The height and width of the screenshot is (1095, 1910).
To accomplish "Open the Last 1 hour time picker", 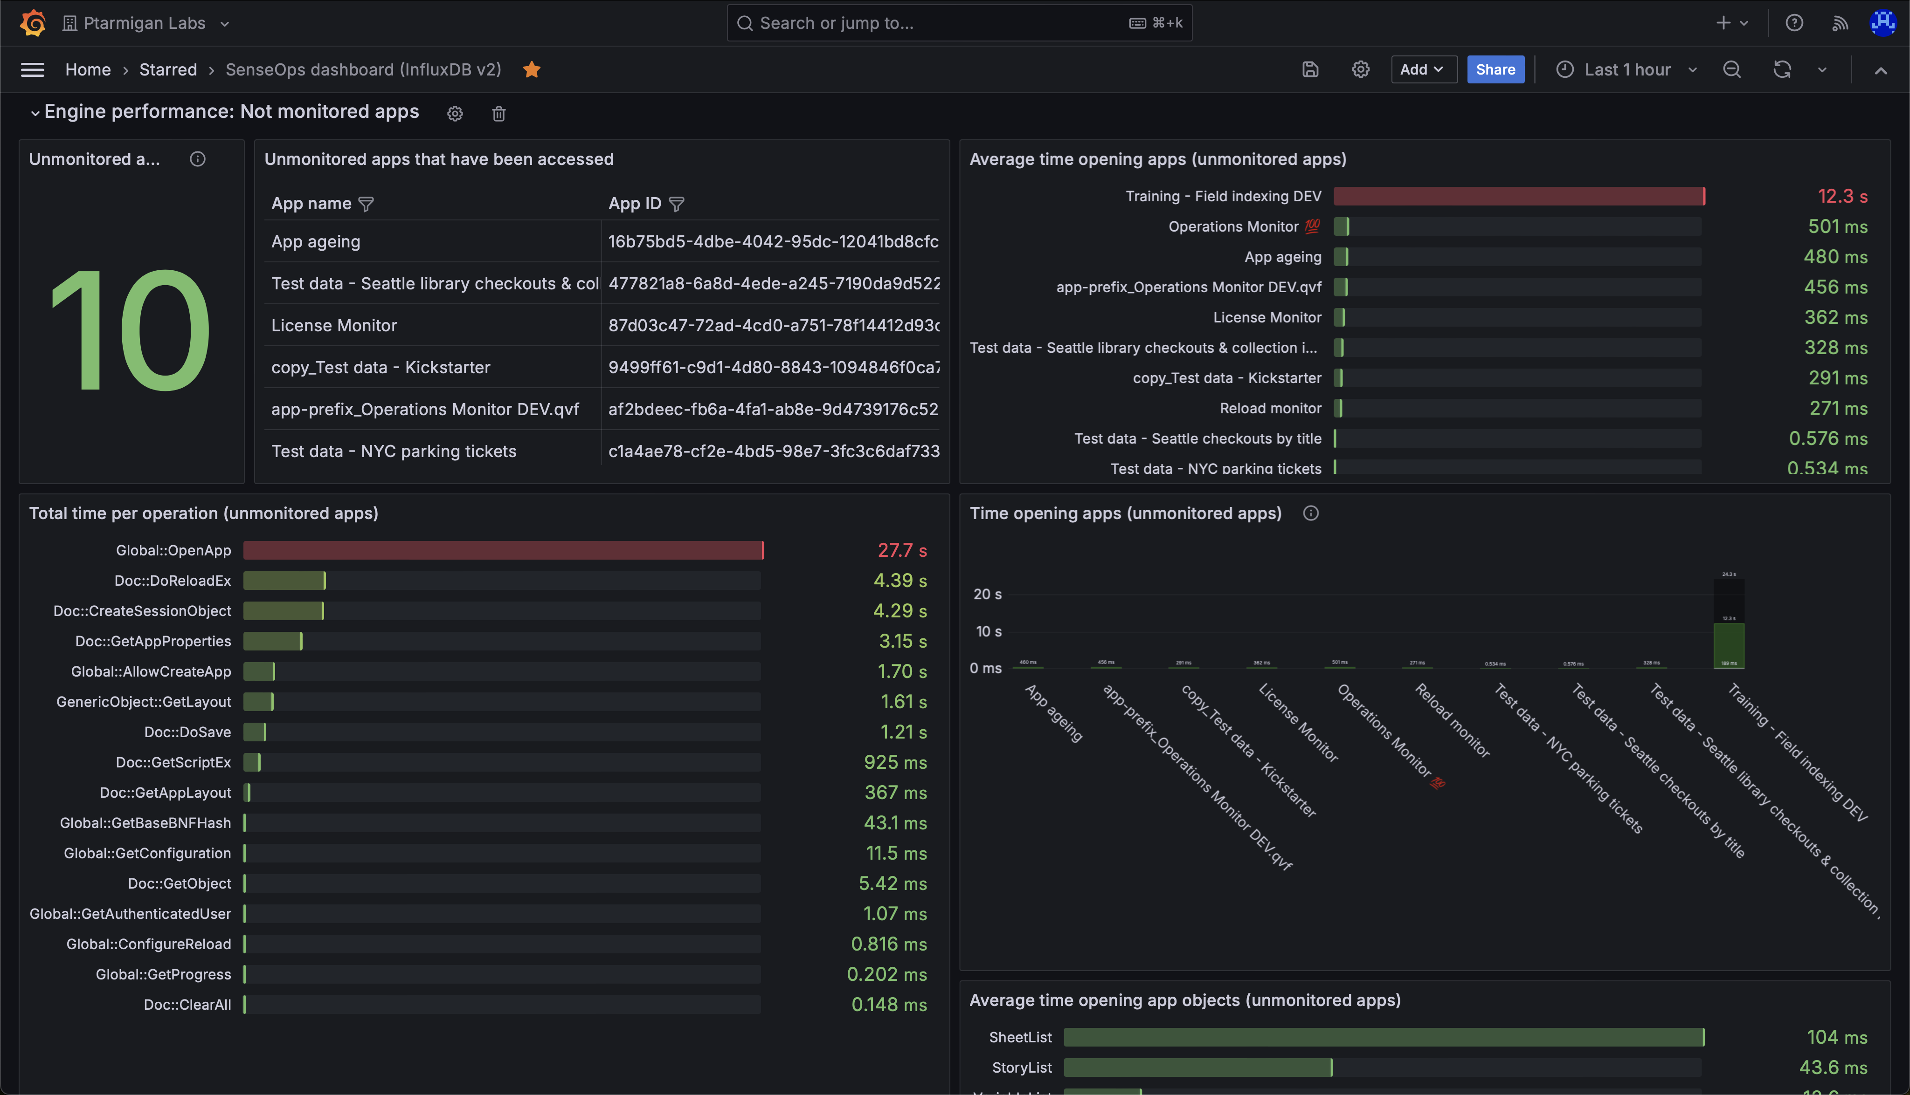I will pos(1626,69).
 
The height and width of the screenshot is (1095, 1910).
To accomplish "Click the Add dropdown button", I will pos(1422,69).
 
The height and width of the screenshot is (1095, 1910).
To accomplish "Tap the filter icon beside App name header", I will pos(366,204).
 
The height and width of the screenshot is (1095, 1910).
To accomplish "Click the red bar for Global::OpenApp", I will pos(503,550).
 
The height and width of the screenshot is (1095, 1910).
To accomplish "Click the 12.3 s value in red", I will pos(1841,196).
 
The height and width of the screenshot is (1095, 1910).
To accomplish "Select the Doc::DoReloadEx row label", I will pos(173,581).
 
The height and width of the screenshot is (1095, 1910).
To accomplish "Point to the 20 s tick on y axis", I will pos(987,594).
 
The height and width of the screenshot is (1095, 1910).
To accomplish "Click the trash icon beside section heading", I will pos(498,114).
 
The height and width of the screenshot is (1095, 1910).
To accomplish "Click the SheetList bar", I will pos(1383,1037).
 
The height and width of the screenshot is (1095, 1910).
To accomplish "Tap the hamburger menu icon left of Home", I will pos(32,69).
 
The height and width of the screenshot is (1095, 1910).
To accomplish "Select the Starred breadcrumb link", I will pos(168,69).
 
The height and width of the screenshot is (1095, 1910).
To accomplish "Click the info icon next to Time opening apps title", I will pos(1310,513).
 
